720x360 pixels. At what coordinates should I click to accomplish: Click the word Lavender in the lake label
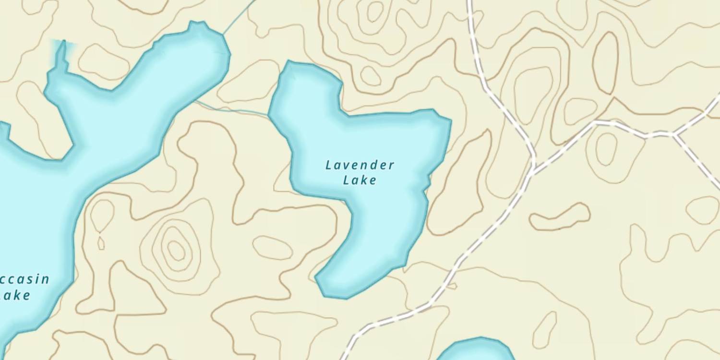360,166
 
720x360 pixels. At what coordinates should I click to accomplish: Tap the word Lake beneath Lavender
360,180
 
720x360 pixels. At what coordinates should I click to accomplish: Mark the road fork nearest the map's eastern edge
674,134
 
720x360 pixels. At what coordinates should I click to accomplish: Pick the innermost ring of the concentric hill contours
176,250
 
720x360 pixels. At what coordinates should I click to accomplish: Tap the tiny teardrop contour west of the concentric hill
101,243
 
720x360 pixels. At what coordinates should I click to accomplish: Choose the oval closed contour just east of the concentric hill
273,248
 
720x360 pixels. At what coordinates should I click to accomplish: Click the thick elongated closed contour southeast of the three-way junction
560,217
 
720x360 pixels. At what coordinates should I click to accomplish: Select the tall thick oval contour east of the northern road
605,63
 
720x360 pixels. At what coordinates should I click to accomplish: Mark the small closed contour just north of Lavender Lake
371,76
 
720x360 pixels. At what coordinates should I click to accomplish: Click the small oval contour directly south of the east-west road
607,149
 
